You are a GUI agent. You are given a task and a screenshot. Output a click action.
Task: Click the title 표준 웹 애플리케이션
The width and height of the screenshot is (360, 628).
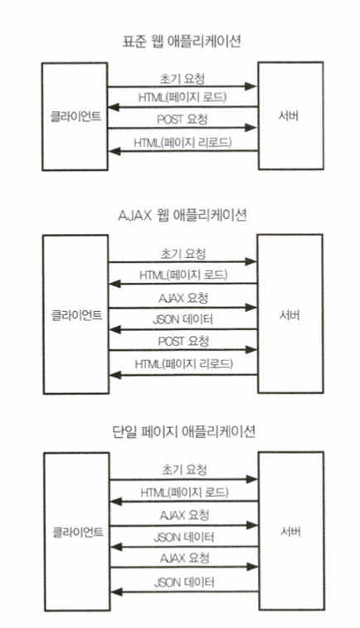pyautogui.click(x=182, y=41)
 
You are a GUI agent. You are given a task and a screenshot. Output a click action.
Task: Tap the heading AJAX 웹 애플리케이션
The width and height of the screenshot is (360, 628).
pyautogui.click(x=182, y=215)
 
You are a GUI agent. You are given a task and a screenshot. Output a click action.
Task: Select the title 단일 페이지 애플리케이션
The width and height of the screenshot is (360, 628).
pyautogui.click(x=184, y=432)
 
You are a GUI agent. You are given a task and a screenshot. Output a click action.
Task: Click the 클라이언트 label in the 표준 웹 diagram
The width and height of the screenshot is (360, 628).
pyautogui.click(x=75, y=116)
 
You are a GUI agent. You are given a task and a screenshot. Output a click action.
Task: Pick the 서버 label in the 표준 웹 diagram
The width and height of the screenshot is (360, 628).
pyautogui.click(x=289, y=116)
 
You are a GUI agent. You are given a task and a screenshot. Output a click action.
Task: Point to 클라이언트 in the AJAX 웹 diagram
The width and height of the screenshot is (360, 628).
pyautogui.click(x=76, y=315)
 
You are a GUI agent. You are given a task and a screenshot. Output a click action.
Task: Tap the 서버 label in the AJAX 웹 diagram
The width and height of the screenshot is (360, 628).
pyautogui.click(x=289, y=315)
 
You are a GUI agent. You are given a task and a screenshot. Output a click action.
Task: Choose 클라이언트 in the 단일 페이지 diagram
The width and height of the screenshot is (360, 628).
pyautogui.click(x=78, y=533)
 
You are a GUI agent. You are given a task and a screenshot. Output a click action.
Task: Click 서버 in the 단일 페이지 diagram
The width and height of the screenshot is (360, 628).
pyautogui.click(x=290, y=532)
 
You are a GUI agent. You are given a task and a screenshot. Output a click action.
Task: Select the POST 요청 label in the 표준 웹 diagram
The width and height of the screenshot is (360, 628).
pyautogui.click(x=182, y=119)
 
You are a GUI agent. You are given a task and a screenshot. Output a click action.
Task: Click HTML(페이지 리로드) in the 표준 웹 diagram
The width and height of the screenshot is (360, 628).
pyautogui.click(x=182, y=143)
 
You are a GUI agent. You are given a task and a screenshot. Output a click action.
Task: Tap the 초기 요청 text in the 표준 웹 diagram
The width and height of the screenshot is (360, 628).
pyautogui.click(x=182, y=79)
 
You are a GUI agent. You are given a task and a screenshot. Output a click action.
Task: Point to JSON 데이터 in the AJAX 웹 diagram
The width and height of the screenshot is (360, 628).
pyautogui.click(x=183, y=319)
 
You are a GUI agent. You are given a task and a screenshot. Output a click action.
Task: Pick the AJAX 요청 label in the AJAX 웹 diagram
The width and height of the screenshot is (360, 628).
pyautogui.click(x=183, y=298)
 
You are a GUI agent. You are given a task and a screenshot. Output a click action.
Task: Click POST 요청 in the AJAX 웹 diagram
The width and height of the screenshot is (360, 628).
pyautogui.click(x=183, y=341)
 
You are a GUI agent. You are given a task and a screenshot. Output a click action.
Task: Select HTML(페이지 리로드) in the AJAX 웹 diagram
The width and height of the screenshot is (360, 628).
pyautogui.click(x=184, y=363)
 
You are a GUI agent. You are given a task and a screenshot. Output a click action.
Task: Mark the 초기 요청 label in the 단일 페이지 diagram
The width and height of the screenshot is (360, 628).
pyautogui.click(x=184, y=470)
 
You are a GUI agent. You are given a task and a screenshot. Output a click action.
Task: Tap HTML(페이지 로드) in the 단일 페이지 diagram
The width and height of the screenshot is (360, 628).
pyautogui.click(x=185, y=492)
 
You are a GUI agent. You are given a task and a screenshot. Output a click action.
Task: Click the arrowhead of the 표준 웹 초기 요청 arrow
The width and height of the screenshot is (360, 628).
pyautogui.click(x=251, y=86)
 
